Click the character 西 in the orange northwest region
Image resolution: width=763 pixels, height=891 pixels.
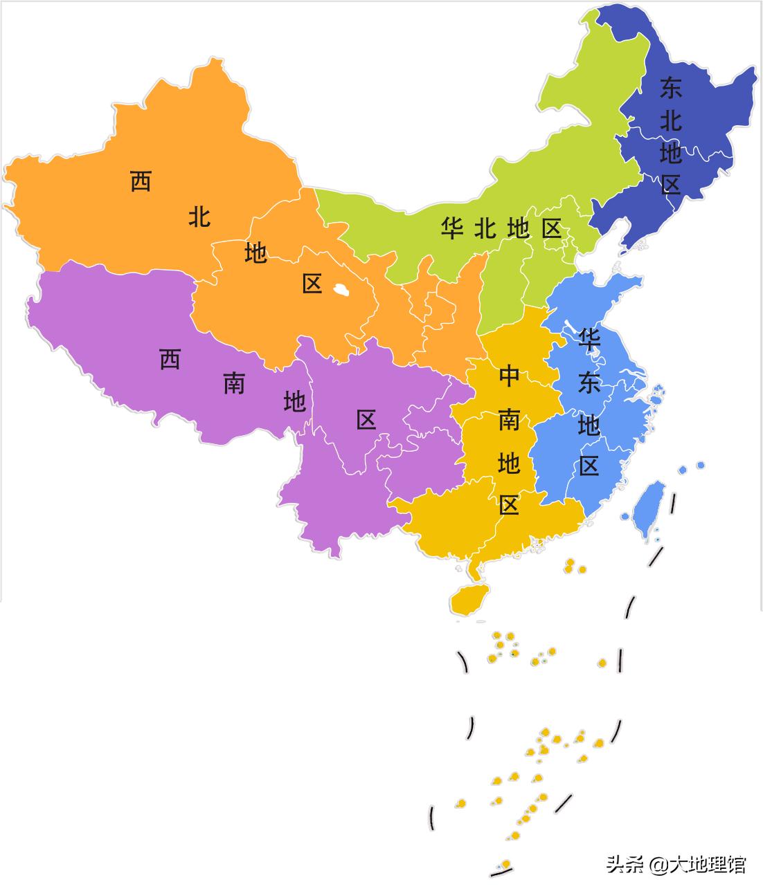point(141,181)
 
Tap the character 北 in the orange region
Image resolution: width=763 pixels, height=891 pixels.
point(199,217)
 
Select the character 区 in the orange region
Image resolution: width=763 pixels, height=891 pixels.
point(312,283)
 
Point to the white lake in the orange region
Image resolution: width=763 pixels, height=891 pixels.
point(340,290)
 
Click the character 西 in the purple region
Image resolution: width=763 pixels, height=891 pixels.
point(170,359)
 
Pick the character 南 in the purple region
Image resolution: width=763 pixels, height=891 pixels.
point(234,383)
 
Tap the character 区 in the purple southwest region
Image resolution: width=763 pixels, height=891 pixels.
point(366,419)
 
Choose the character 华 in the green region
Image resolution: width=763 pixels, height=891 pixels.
point(451,228)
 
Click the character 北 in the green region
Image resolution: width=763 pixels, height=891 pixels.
point(485,228)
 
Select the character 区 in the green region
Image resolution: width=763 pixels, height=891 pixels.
point(551,228)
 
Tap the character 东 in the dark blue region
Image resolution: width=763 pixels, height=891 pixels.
point(670,88)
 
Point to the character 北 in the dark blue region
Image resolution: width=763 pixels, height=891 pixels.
point(670,120)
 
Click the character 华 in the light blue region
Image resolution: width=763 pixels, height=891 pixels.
point(589,338)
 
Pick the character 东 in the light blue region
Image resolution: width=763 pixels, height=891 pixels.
point(589,383)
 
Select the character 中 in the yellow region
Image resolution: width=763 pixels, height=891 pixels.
point(509,376)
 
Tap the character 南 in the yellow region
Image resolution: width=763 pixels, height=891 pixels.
point(509,419)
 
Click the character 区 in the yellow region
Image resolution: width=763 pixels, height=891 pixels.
point(509,505)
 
